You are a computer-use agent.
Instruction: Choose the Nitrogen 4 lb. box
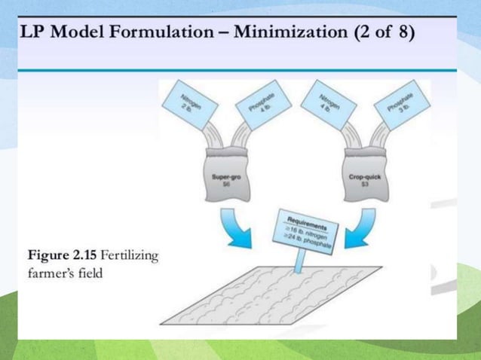tap(326, 99)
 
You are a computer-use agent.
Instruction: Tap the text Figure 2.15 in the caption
tap(62, 256)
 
